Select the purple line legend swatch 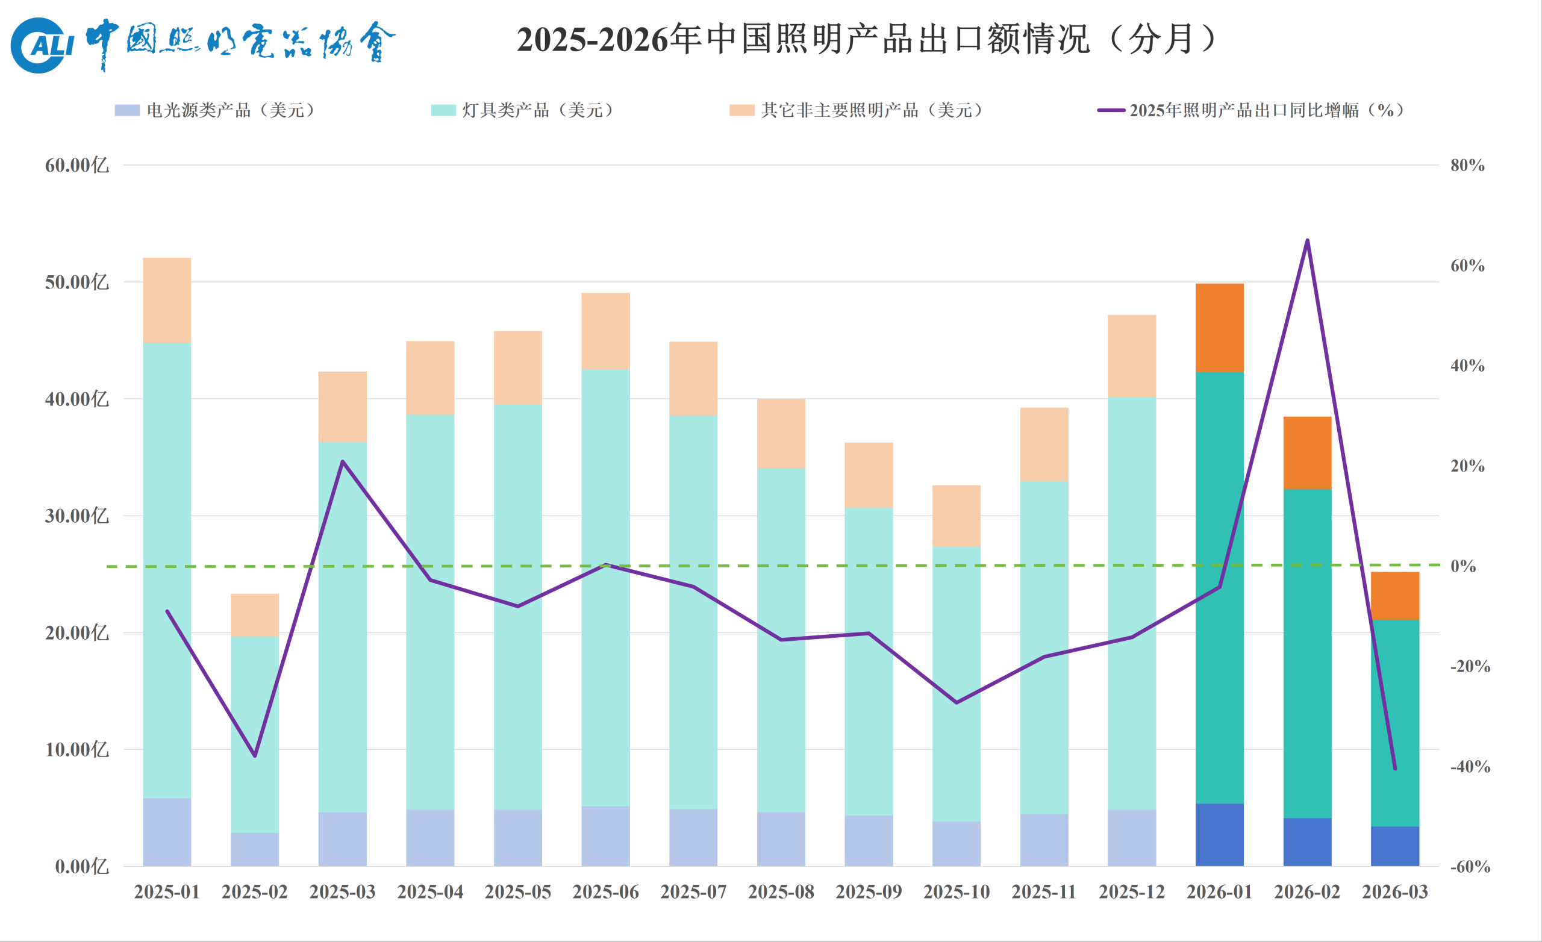coord(1111,110)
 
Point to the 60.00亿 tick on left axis coord(76,165)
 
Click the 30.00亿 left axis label coord(76,516)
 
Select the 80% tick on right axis coord(1467,165)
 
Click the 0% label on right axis coord(1463,566)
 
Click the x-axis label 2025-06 coord(605,891)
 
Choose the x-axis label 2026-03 coord(1395,891)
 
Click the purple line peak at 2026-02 coord(1307,240)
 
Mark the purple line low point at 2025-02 coord(255,755)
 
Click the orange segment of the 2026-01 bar coord(1219,328)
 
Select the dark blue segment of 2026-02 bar coord(1307,842)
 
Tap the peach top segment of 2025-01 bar coord(167,301)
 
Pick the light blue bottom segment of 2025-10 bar coord(957,844)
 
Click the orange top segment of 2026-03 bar coord(1395,595)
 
